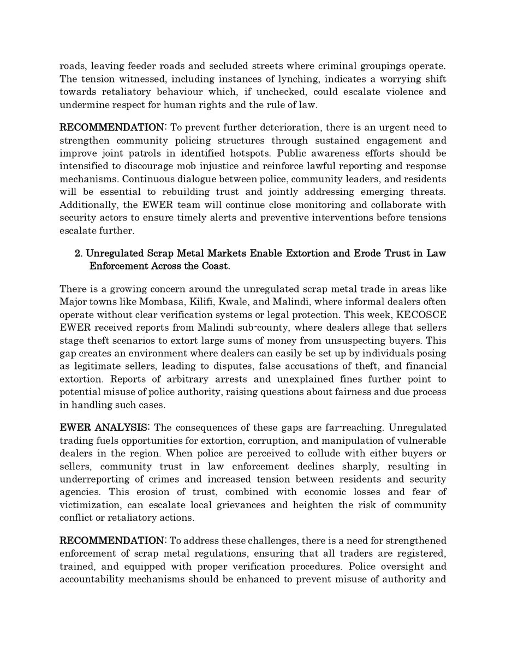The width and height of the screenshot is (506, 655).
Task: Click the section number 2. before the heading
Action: [x=78, y=254]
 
